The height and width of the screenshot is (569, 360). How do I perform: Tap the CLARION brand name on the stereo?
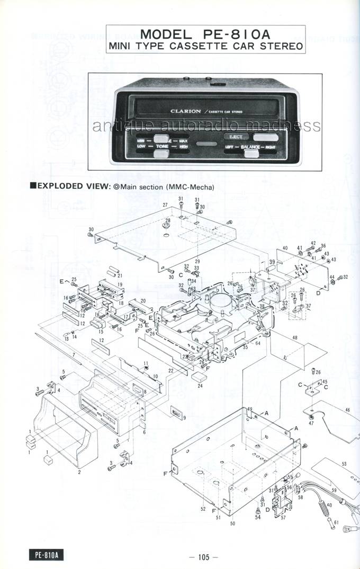[x=185, y=111]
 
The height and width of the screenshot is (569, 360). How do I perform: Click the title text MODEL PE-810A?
[x=206, y=34]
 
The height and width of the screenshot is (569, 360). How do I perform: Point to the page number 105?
[x=204, y=556]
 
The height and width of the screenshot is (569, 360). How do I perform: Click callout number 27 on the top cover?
[x=165, y=205]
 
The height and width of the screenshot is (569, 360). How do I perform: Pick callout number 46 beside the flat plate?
[x=347, y=411]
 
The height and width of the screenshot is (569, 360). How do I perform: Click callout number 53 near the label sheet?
[x=344, y=464]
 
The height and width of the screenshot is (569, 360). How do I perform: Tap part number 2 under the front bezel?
[x=79, y=472]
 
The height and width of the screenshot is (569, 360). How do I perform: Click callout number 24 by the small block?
[x=200, y=386]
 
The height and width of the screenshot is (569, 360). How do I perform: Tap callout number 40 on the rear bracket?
[x=285, y=248]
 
